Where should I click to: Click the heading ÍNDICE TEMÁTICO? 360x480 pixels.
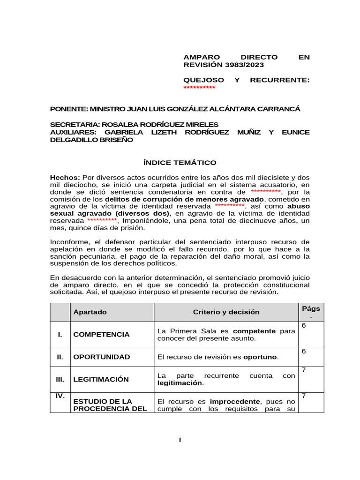[x=180, y=163]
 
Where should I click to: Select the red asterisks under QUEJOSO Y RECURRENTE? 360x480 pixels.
[x=199, y=88]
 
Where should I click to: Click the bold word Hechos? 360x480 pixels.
[x=65, y=177]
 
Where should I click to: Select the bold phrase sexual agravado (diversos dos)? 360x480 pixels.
[x=110, y=213]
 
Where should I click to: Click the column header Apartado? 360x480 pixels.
[x=90, y=312]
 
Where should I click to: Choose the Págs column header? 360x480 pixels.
[x=311, y=308]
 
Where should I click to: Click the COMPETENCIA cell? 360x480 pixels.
[x=101, y=335]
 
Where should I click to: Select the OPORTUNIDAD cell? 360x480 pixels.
[x=102, y=357]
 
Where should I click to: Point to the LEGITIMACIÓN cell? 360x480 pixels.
[x=101, y=379]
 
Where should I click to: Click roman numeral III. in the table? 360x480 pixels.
[x=60, y=379]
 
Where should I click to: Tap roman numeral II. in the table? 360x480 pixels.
[x=60, y=357]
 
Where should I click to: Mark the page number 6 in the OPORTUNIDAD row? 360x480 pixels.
[x=304, y=351]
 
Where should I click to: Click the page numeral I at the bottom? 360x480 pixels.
[x=180, y=440]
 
